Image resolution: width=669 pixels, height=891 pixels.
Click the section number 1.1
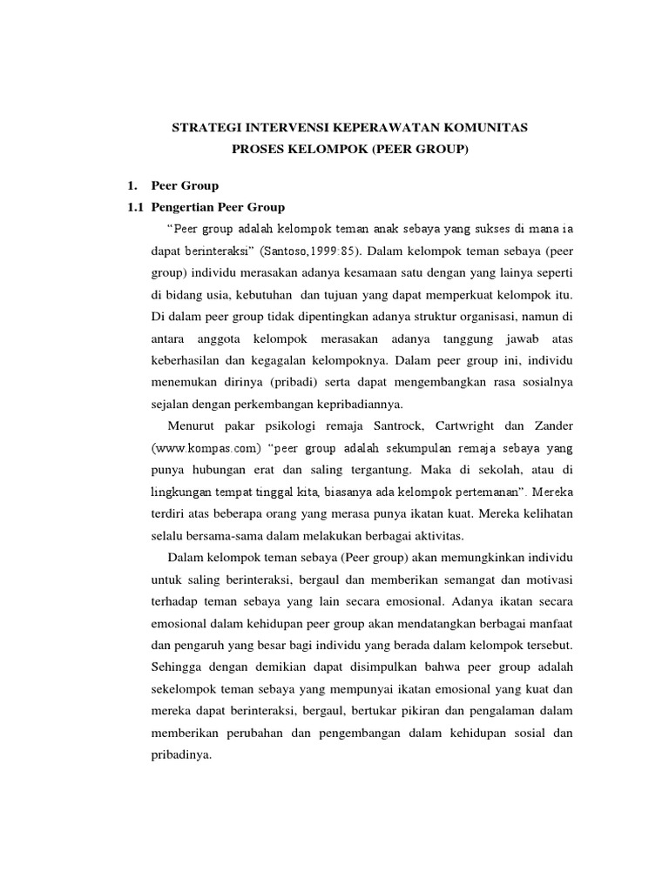134,207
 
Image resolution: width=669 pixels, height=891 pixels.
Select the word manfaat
550,623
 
